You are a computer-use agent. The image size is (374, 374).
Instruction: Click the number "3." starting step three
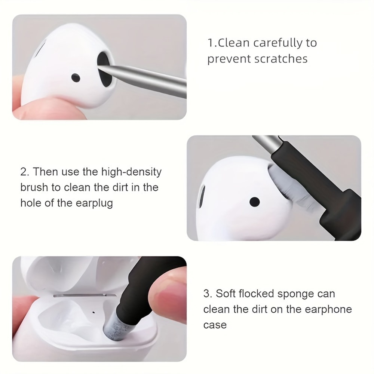pos(208,294)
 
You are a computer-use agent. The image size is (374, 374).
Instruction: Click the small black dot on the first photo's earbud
pos(76,78)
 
